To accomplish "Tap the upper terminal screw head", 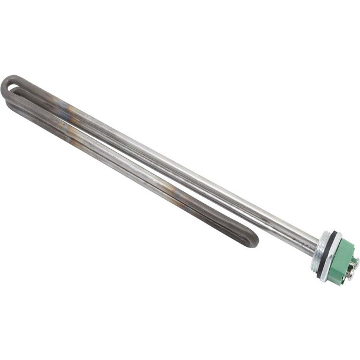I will pyautogui.click(x=354, y=261).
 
